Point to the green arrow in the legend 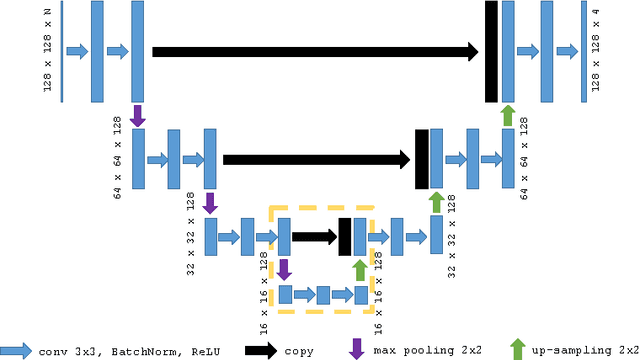pyautogui.click(x=517, y=348)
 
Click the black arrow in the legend pyautogui.click(x=261, y=350)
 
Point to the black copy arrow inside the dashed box pyautogui.click(x=314, y=237)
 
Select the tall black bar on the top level pyautogui.click(x=491, y=51)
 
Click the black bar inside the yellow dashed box pyautogui.click(x=345, y=237)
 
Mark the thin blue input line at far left pyautogui.click(x=62, y=51)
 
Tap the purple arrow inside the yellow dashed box pyautogui.click(x=284, y=269)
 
